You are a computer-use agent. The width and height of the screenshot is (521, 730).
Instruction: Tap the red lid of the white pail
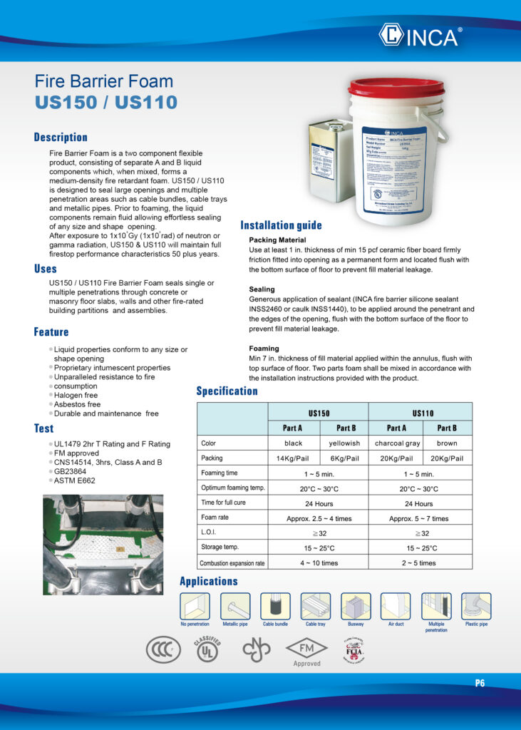coord(396,88)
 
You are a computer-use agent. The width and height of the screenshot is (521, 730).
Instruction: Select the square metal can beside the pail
coord(331,160)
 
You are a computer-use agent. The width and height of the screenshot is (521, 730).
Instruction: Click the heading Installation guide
coord(281,225)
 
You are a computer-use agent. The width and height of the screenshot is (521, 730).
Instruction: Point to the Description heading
coord(61,137)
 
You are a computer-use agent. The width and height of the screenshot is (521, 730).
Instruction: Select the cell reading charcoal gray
coord(396,443)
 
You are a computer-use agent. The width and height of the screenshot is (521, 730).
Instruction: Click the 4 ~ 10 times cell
coord(319,563)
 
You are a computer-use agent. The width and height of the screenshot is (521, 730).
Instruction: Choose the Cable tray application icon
coord(316,607)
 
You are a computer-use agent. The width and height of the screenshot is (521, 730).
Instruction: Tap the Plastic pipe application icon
coord(476,607)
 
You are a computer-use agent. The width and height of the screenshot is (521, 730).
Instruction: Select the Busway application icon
coord(356,607)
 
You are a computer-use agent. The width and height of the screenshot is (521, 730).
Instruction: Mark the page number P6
coord(480,683)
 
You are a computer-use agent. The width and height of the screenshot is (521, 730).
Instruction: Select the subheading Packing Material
coord(277,240)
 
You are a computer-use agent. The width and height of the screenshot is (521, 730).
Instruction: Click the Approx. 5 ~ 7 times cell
coord(419,519)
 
